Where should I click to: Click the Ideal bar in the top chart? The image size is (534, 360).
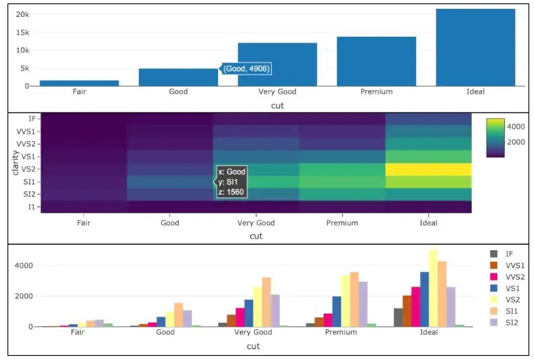tap(475, 47)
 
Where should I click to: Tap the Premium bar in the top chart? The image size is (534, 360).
tap(376, 61)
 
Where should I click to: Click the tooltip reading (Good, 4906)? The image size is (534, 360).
tap(247, 68)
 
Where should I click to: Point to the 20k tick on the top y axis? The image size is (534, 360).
tap(22, 14)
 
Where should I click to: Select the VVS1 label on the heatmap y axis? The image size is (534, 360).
tap(27, 131)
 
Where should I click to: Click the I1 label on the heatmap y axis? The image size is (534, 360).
tap(32, 207)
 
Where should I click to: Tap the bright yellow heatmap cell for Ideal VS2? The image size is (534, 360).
tap(428, 169)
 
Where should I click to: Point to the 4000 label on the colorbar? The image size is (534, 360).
tap(518, 126)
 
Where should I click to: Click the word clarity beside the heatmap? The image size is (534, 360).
tap(14, 163)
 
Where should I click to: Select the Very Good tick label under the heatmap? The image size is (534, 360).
tap(256, 222)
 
